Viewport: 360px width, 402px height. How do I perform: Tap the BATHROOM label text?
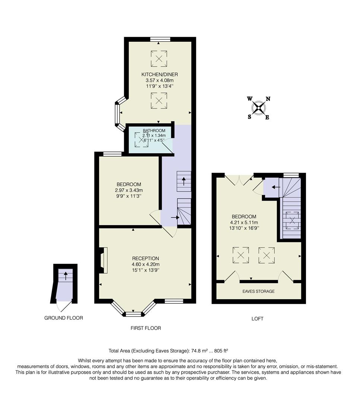(x=154, y=131)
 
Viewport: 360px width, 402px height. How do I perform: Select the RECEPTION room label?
(x=145, y=258)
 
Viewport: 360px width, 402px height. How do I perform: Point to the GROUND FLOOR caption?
(x=63, y=318)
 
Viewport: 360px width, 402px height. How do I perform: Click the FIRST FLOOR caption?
(x=145, y=328)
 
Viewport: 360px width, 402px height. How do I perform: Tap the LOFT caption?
(x=257, y=319)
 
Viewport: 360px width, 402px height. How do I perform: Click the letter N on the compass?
(x=268, y=99)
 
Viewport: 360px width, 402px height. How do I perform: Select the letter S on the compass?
(x=249, y=117)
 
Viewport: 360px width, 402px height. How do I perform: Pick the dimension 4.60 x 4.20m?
(x=145, y=265)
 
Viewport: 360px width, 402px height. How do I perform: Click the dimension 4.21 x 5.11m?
(x=244, y=223)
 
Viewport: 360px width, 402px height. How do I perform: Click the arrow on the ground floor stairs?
(x=66, y=276)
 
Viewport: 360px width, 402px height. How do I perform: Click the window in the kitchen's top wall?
(x=160, y=39)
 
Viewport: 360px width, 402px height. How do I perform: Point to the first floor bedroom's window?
(x=113, y=154)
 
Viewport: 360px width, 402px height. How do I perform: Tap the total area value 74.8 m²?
(x=201, y=351)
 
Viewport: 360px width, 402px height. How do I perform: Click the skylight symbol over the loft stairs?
(x=292, y=220)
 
